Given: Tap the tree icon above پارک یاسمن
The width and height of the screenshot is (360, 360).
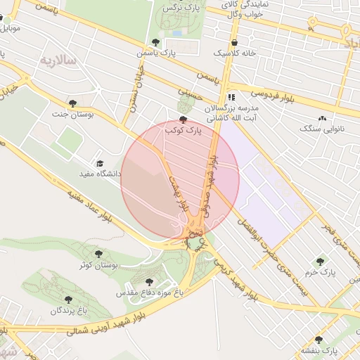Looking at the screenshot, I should tap(155, 42).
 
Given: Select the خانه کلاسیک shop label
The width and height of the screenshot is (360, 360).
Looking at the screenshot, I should tap(238, 53).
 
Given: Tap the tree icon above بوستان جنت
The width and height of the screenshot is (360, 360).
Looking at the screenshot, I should tap(72, 103).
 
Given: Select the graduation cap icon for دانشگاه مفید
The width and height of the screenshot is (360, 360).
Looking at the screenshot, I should tap(99, 162).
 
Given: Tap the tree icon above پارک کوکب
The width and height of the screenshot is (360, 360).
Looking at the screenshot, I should tap(184, 120).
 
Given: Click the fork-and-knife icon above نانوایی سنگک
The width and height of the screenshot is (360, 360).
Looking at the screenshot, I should tap(322, 118).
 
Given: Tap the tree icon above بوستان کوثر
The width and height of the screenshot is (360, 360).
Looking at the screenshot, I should tap(98, 254).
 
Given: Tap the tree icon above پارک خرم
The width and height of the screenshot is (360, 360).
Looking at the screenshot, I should tap(321, 261).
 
